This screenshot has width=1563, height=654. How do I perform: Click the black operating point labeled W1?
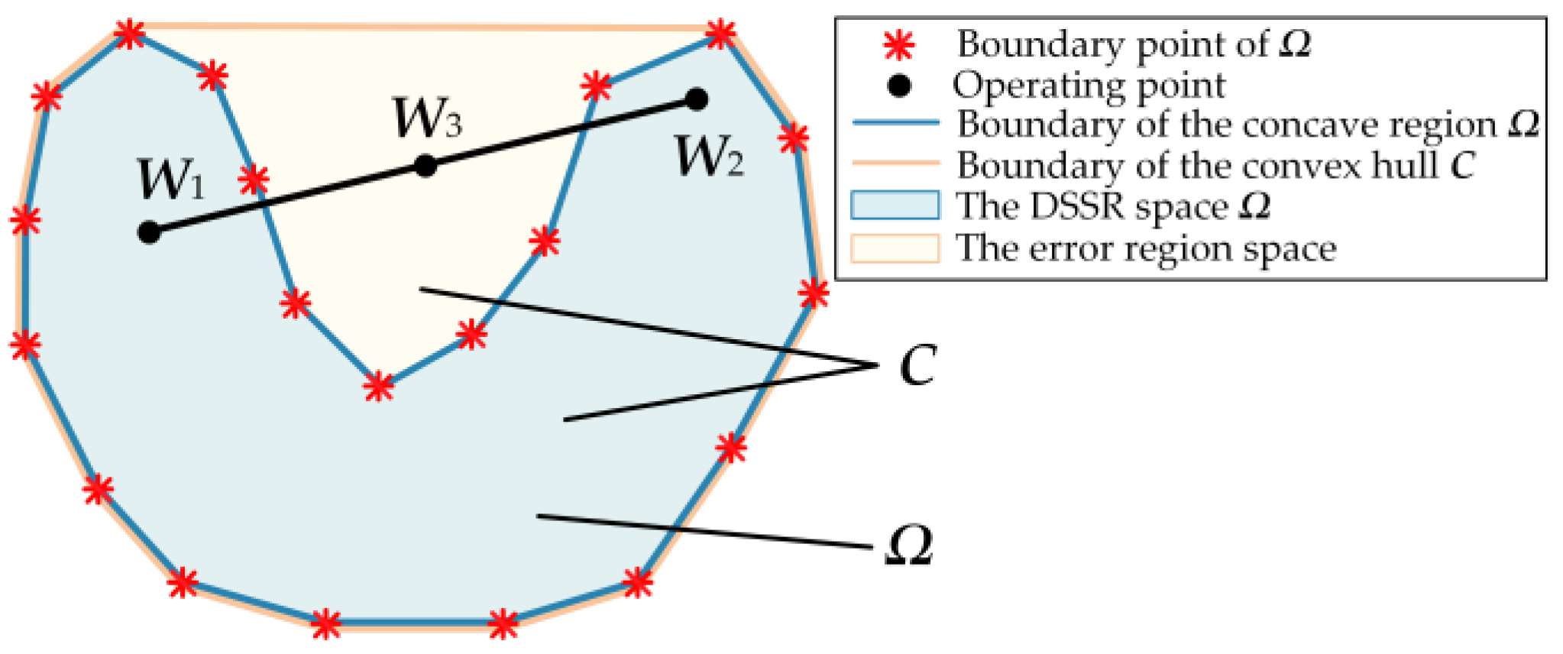pos(149,231)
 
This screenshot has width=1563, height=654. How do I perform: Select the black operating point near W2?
pos(696,99)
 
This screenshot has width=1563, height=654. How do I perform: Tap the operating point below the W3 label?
pos(426,166)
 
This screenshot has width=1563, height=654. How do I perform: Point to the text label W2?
pos(710,157)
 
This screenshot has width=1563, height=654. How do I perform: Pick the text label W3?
pos(427,118)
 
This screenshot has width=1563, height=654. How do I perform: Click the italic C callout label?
pos(917,366)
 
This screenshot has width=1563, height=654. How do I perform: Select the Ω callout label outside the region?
pos(910,546)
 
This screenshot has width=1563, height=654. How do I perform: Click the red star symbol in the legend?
pos(899,46)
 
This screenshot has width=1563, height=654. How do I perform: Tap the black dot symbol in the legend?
pos(899,86)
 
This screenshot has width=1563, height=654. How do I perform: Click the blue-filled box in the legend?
pos(895,206)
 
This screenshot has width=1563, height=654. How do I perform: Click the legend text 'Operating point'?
pos(1089,86)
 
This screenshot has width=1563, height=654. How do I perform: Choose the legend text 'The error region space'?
pos(1146,248)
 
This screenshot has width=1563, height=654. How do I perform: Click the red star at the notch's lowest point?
pos(378,387)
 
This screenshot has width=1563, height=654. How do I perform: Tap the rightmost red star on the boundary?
pos(814,293)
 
